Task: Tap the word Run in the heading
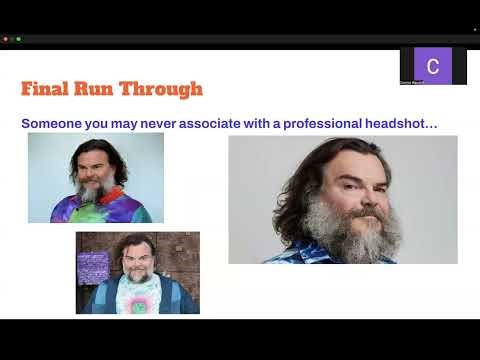[102, 89]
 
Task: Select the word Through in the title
[164, 89]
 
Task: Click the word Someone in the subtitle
[55, 123]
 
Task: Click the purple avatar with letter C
[432, 66]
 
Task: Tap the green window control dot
[18, 39]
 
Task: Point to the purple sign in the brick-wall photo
[93, 267]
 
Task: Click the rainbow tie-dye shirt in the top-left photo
[100, 208]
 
